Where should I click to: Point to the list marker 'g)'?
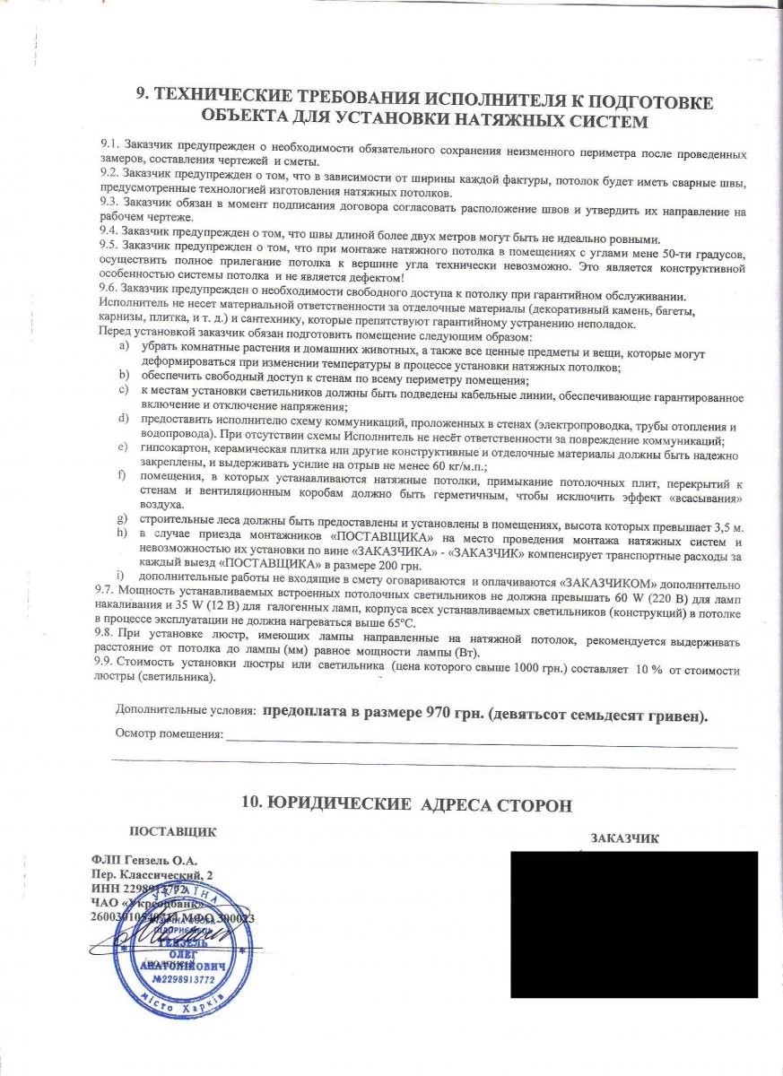(123, 520)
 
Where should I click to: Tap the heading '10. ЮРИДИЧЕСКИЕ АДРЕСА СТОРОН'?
(407, 804)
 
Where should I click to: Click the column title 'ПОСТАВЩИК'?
(172, 831)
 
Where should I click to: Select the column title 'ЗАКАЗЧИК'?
(625, 839)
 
